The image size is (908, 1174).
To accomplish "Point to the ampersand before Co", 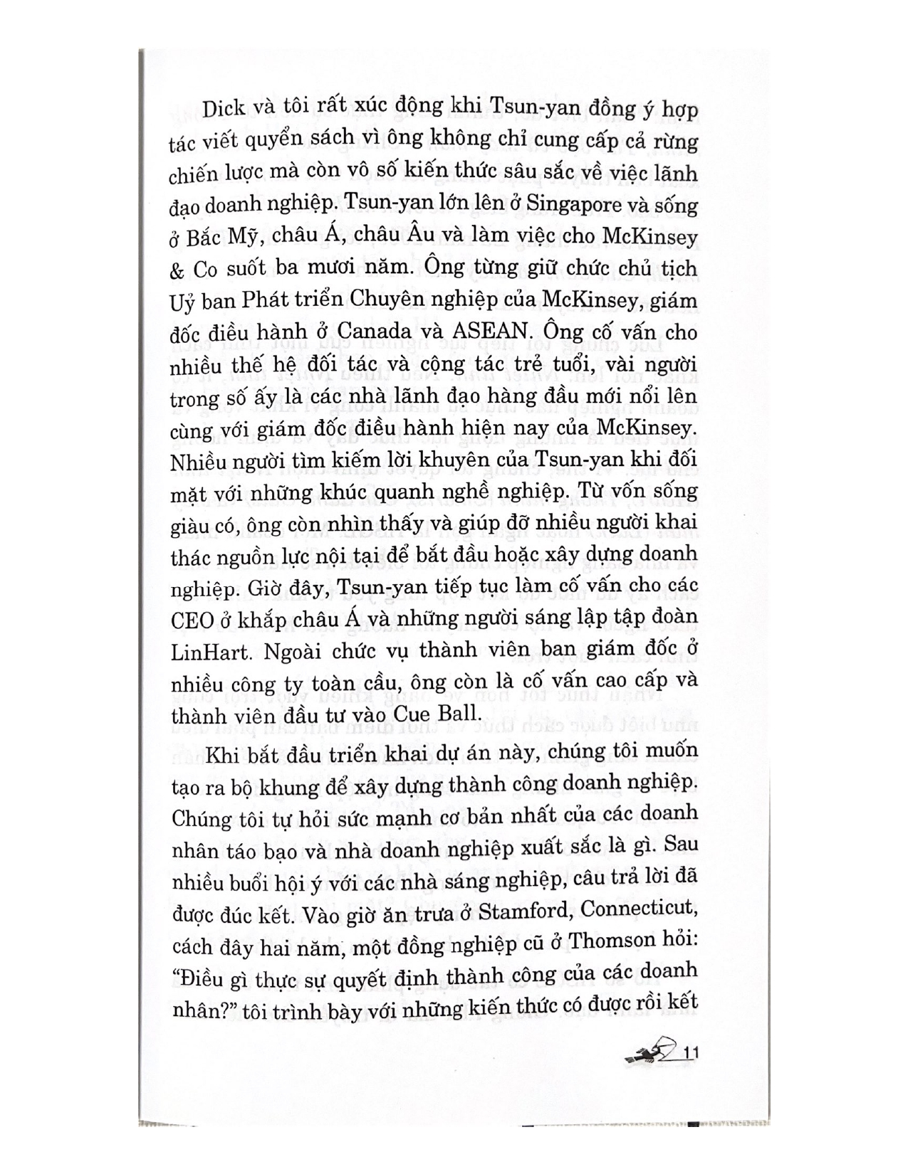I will point(177,270).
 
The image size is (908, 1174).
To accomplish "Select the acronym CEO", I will point(192,620).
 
